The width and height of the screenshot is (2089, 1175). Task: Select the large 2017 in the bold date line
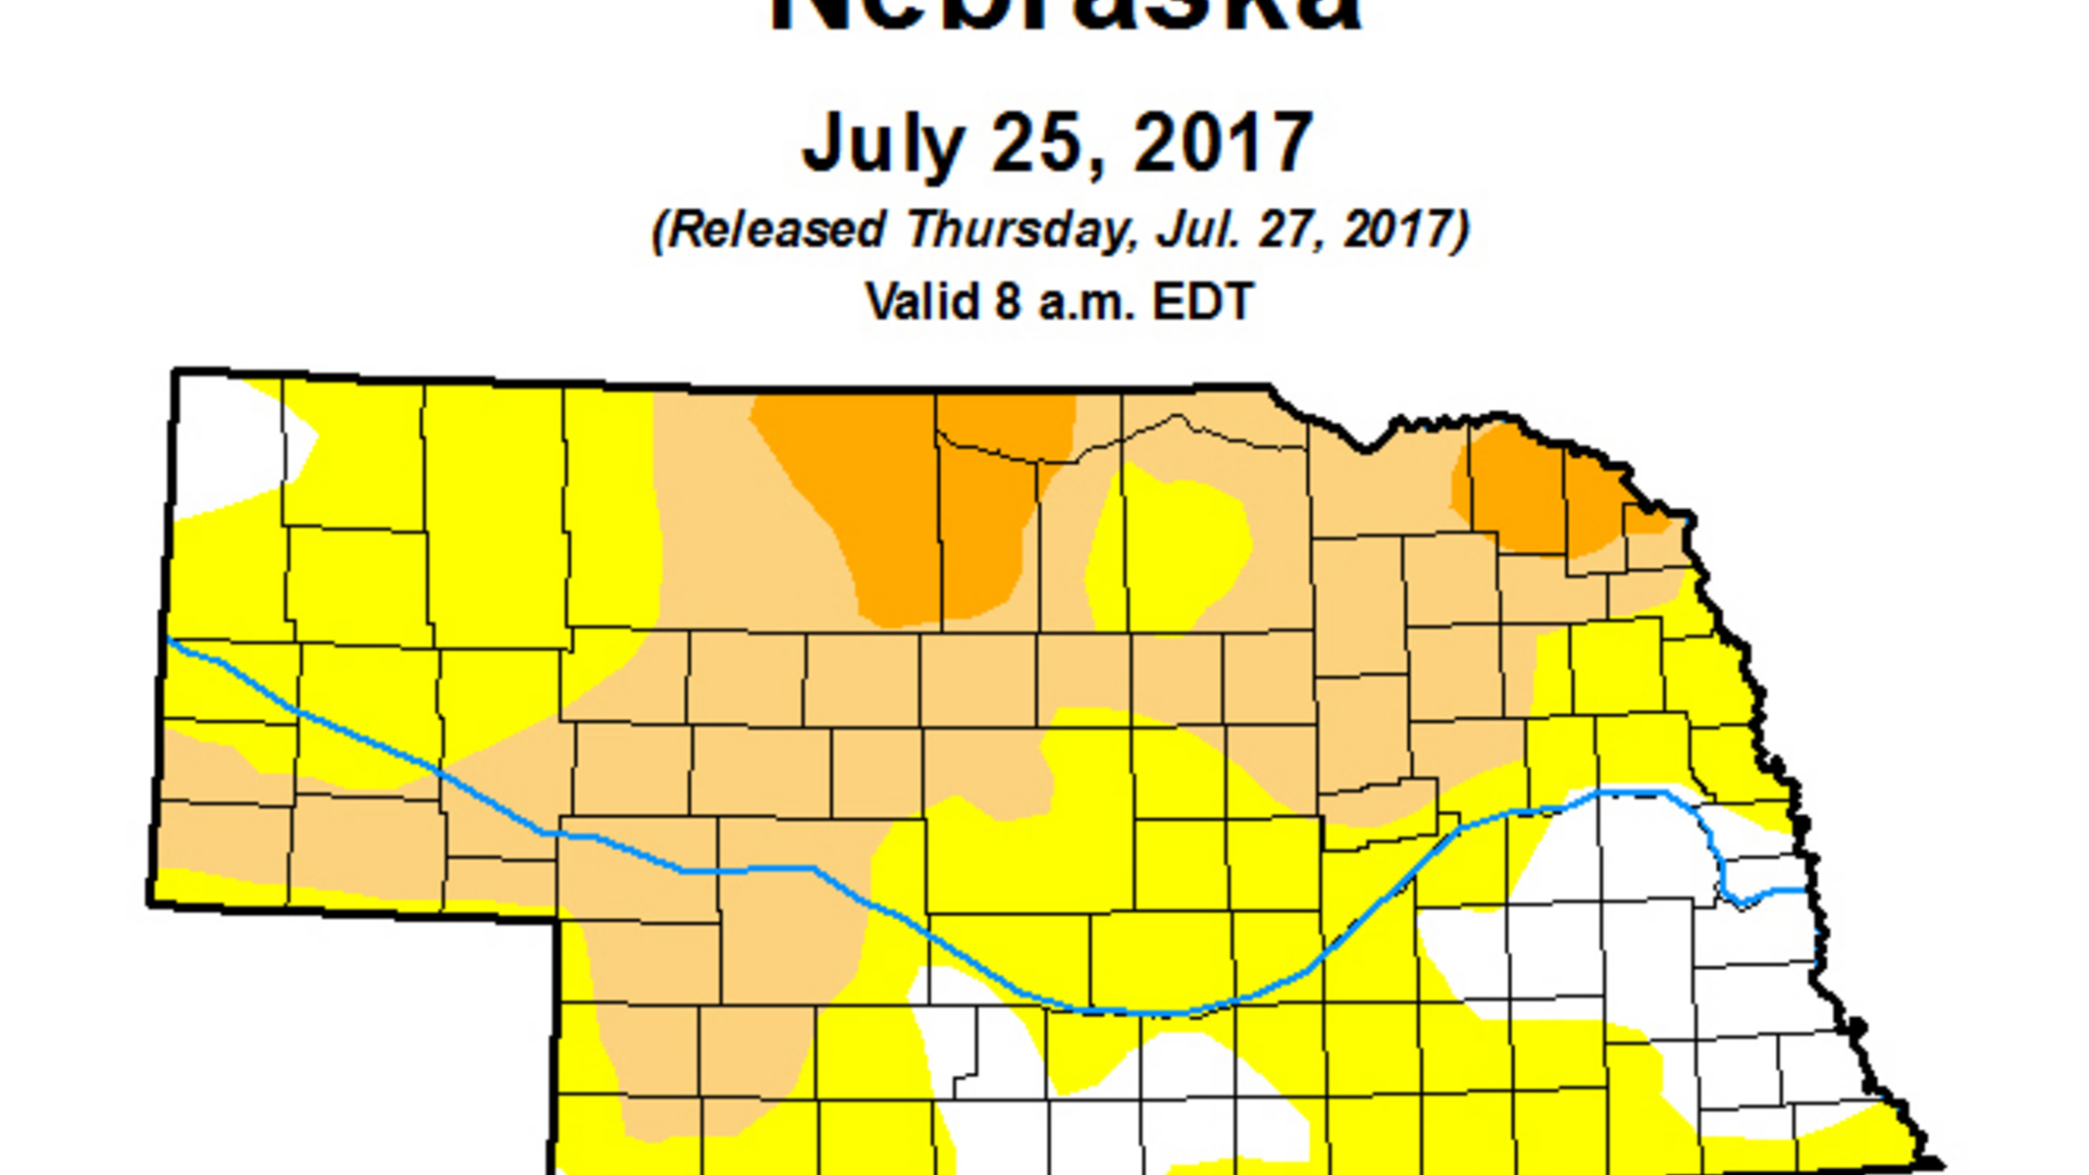click(x=1223, y=143)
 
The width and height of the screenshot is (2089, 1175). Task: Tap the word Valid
click(x=922, y=301)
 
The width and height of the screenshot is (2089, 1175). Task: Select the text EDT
click(x=1203, y=301)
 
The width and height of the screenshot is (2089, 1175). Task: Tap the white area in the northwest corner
click(x=231, y=441)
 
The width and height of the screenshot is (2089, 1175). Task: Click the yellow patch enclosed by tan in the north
click(x=1168, y=549)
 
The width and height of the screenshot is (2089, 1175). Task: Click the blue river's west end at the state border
click(x=169, y=639)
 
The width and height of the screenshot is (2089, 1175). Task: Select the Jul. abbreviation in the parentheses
click(x=1189, y=230)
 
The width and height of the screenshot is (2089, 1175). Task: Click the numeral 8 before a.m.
click(x=1008, y=301)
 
